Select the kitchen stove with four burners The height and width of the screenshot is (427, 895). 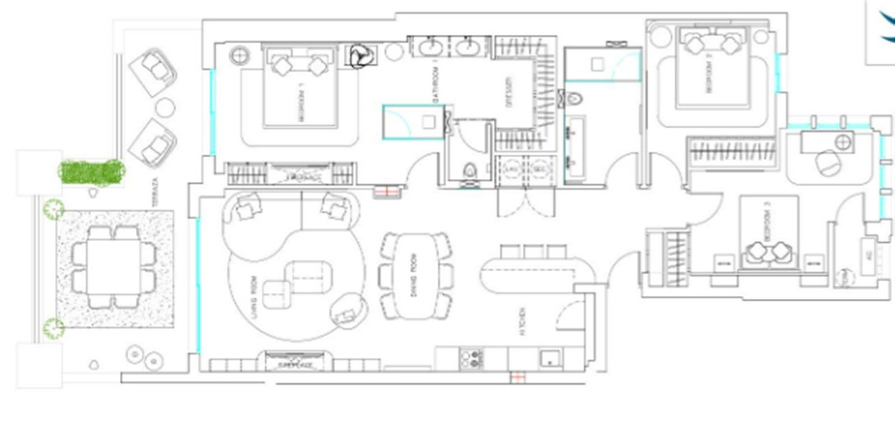(471, 359)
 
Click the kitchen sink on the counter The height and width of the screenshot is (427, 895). (548, 358)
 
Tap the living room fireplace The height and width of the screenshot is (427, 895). (295, 362)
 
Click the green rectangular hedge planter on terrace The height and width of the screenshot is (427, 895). (92, 171)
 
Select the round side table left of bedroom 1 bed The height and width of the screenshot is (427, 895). (239, 55)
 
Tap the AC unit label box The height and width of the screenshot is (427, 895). (868, 254)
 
